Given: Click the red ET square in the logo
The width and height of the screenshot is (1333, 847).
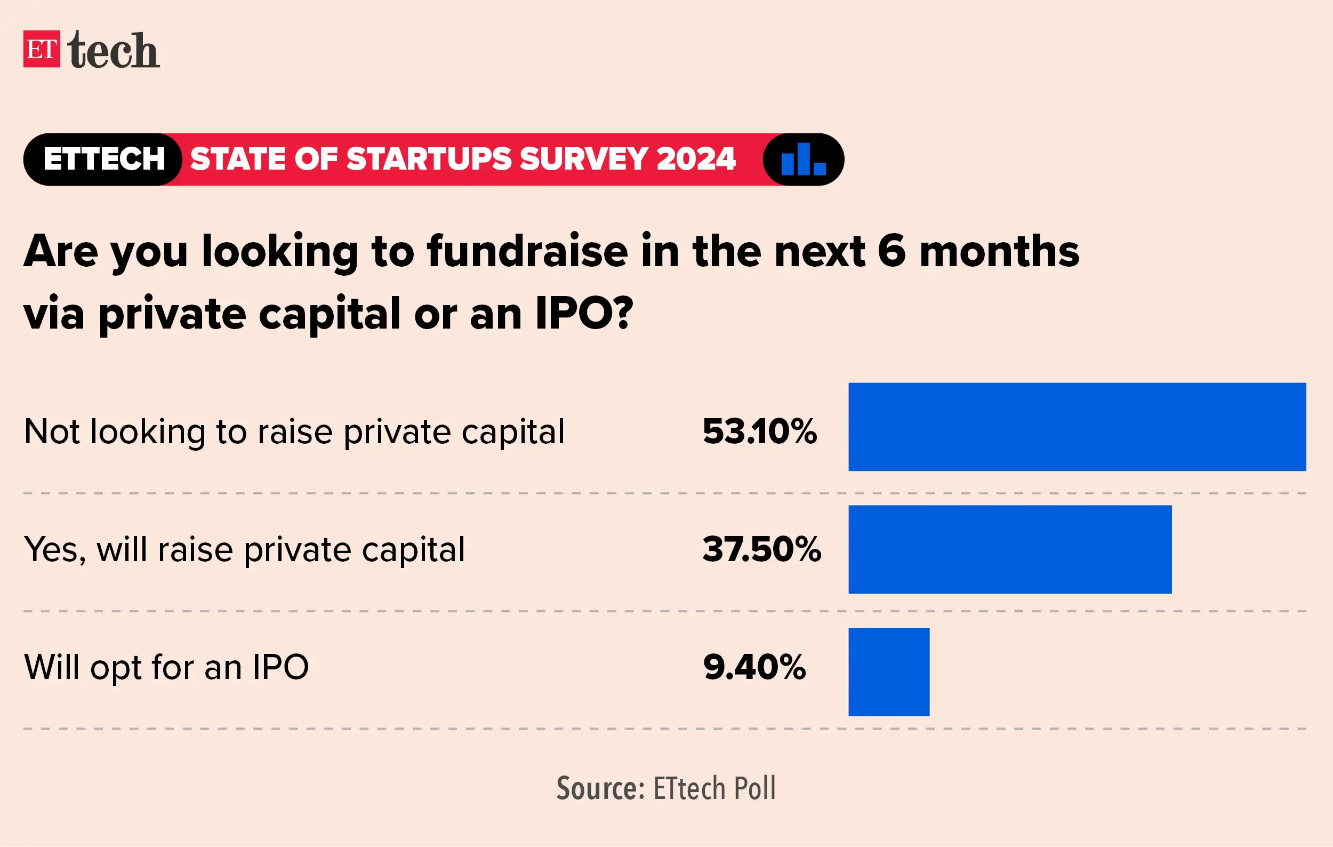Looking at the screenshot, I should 42,49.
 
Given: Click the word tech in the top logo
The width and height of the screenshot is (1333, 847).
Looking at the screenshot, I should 114,51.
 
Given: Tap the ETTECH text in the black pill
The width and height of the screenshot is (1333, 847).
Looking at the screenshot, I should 104,159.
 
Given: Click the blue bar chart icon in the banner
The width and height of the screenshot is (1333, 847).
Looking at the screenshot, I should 803,159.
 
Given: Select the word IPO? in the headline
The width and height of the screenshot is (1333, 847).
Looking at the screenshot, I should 584,314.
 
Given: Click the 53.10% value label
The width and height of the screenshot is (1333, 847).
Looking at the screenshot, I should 759,432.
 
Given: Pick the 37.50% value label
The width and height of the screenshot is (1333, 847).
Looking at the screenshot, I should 762,550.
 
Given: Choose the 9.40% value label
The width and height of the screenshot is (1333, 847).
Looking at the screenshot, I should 754,667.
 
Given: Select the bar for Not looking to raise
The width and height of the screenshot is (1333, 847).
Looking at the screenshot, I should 1077,427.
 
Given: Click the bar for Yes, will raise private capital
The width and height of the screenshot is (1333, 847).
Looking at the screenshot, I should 1010,549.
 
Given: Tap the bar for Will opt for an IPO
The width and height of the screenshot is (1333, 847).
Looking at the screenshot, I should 888,672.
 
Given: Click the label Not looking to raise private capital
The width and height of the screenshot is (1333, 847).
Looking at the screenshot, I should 294,432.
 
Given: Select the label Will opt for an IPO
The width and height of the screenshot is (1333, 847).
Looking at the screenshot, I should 166,667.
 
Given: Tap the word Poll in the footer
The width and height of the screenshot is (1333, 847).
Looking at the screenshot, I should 754,788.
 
